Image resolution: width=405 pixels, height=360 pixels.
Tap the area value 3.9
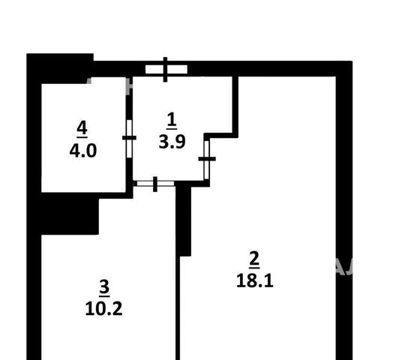[x=172, y=142]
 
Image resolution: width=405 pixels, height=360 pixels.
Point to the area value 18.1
[x=255, y=280]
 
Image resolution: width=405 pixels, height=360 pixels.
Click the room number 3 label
[x=104, y=287]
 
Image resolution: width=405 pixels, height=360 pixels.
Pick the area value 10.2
[x=103, y=309]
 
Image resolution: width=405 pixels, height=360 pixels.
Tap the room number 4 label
[x=82, y=128]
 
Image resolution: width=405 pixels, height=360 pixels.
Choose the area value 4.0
[x=83, y=151]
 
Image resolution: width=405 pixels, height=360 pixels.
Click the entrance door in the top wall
[x=166, y=69]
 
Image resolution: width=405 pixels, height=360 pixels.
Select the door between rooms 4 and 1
[x=129, y=138]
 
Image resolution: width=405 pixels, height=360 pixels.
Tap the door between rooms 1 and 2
[x=207, y=159]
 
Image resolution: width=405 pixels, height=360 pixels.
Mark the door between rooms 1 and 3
[x=155, y=184]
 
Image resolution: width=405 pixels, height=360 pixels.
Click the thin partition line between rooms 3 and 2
[x=178, y=308]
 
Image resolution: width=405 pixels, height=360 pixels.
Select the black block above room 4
[x=60, y=68]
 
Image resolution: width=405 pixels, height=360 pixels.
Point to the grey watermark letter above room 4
[x=89, y=80]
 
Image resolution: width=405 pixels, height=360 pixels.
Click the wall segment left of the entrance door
[x=119, y=69]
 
